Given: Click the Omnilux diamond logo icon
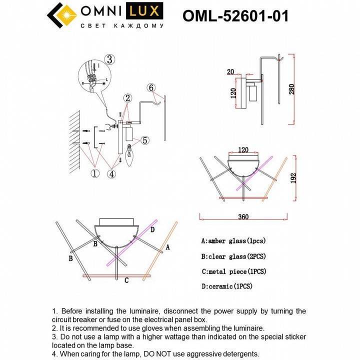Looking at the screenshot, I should coord(61,16).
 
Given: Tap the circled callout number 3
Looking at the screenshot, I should coord(110,59).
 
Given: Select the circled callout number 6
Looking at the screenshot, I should coord(151,87).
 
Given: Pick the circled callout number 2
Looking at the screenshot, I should coord(128,97).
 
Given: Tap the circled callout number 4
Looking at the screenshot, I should coord(112,173).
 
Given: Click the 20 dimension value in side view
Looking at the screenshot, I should coord(230,72).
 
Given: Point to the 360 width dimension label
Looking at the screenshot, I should coord(243,217).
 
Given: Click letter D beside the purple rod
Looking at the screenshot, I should coord(152,229).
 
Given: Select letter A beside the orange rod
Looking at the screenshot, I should coord(168,247).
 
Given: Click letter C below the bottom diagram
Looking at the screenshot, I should coord(126,280).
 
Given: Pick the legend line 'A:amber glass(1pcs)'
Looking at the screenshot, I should coord(233,240).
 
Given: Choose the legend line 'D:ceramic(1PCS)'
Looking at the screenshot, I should coord(228,286).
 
